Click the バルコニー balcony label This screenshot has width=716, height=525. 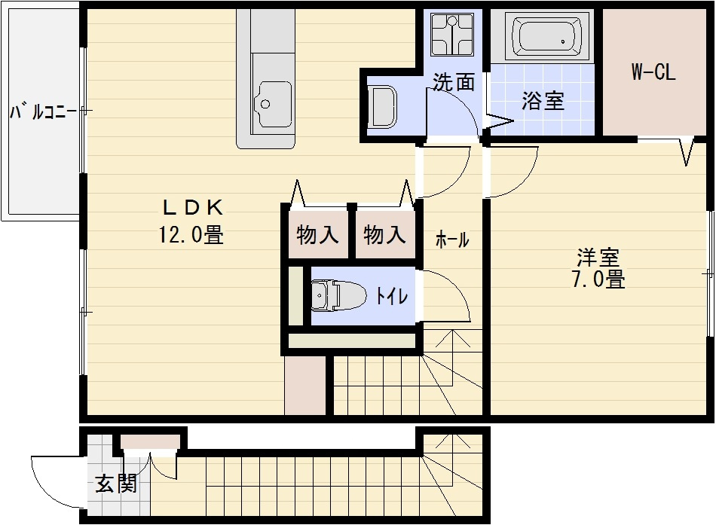[42, 113]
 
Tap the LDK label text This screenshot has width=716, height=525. [191, 206]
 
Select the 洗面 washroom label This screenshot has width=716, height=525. [453, 81]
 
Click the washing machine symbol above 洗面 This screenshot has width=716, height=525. [451, 35]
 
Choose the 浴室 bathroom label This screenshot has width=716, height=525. [543, 101]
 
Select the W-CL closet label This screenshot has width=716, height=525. [653, 72]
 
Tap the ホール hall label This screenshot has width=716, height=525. [452, 240]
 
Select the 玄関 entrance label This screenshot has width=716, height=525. [116, 484]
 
